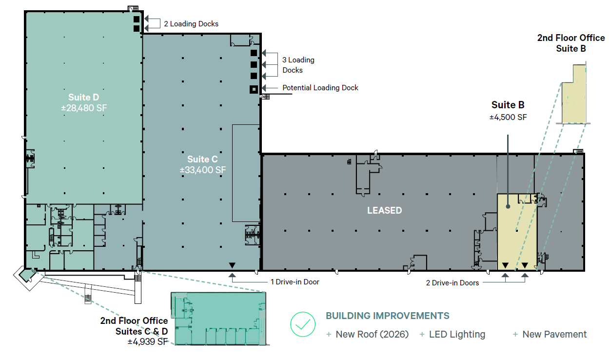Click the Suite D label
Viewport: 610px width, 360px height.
pos(83,97)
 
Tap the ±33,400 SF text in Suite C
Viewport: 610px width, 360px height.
pos(203,170)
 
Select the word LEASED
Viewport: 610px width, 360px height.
pos(385,210)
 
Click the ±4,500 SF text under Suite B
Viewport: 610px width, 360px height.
pos(508,117)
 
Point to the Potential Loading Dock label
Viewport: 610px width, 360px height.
pos(320,88)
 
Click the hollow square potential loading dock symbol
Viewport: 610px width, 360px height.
pos(254,89)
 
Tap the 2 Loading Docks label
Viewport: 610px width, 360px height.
pos(191,24)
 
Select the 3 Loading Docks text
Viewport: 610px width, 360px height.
pos(298,65)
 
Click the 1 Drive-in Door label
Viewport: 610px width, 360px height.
pos(295,282)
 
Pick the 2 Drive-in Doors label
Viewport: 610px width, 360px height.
pos(453,283)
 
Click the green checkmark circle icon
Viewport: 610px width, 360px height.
pos(303,324)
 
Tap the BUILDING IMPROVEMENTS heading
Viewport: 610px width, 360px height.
pos(388,316)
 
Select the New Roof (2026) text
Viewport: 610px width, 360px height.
pos(372,334)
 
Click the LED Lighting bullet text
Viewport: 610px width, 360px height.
pos(457,334)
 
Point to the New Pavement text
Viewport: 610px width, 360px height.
pos(554,334)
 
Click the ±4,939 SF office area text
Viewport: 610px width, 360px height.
pos(148,342)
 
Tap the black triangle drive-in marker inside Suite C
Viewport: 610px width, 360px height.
pos(232,265)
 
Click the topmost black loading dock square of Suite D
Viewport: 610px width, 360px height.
pos(137,20)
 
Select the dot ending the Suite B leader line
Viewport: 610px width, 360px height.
pos(508,206)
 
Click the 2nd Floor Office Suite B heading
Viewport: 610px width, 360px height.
pos(571,43)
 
